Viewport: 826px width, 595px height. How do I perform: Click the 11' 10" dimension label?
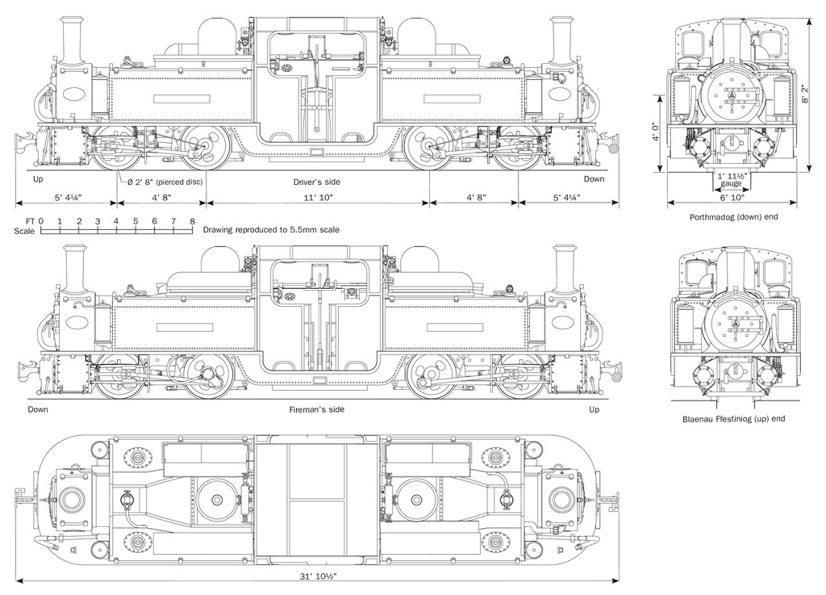tap(317, 197)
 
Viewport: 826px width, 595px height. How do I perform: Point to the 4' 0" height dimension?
tap(654, 133)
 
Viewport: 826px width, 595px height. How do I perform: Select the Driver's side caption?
tap(317, 182)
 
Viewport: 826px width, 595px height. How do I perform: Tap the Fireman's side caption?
tap(317, 409)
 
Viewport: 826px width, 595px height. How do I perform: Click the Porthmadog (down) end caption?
tap(733, 217)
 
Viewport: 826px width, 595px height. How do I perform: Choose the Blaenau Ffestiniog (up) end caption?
tap(733, 419)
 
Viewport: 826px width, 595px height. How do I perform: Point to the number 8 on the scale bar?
tap(192, 221)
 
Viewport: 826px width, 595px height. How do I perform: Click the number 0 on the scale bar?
tap(41, 221)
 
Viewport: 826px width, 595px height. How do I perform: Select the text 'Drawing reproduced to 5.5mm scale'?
tap(271, 230)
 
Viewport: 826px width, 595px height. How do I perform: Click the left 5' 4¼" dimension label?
tap(68, 197)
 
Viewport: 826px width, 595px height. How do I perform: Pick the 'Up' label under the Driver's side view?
tap(38, 179)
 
